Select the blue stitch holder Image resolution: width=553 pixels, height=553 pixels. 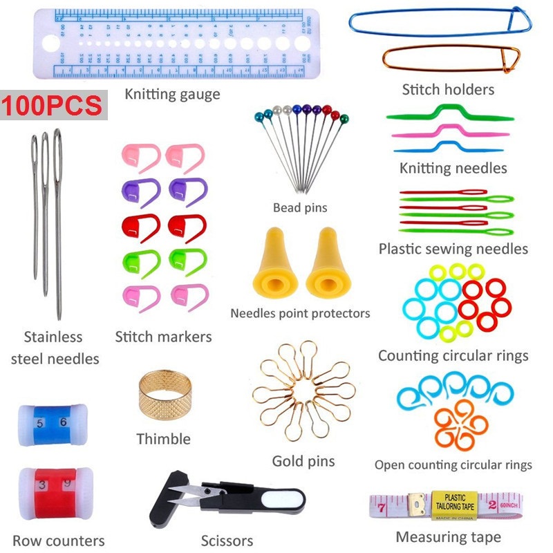[440, 24]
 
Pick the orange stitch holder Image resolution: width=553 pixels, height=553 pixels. [450, 60]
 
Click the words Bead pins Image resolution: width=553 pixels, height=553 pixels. [299, 207]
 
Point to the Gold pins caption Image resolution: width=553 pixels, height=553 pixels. [303, 461]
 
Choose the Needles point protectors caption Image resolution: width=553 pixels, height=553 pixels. [300, 313]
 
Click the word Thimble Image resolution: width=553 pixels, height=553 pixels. [163, 439]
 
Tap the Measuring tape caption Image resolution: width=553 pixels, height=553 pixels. [448, 537]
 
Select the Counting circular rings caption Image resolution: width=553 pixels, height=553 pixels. [453, 356]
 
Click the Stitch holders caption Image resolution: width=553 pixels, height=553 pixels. [448, 89]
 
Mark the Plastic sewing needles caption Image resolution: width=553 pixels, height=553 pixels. [453, 249]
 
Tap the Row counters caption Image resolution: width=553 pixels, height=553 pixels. [59, 541]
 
